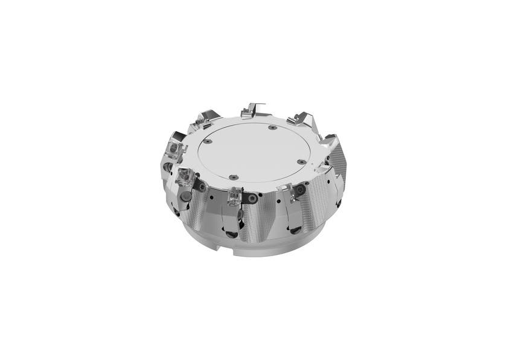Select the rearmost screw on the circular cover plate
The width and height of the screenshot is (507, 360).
coord(272,127)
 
